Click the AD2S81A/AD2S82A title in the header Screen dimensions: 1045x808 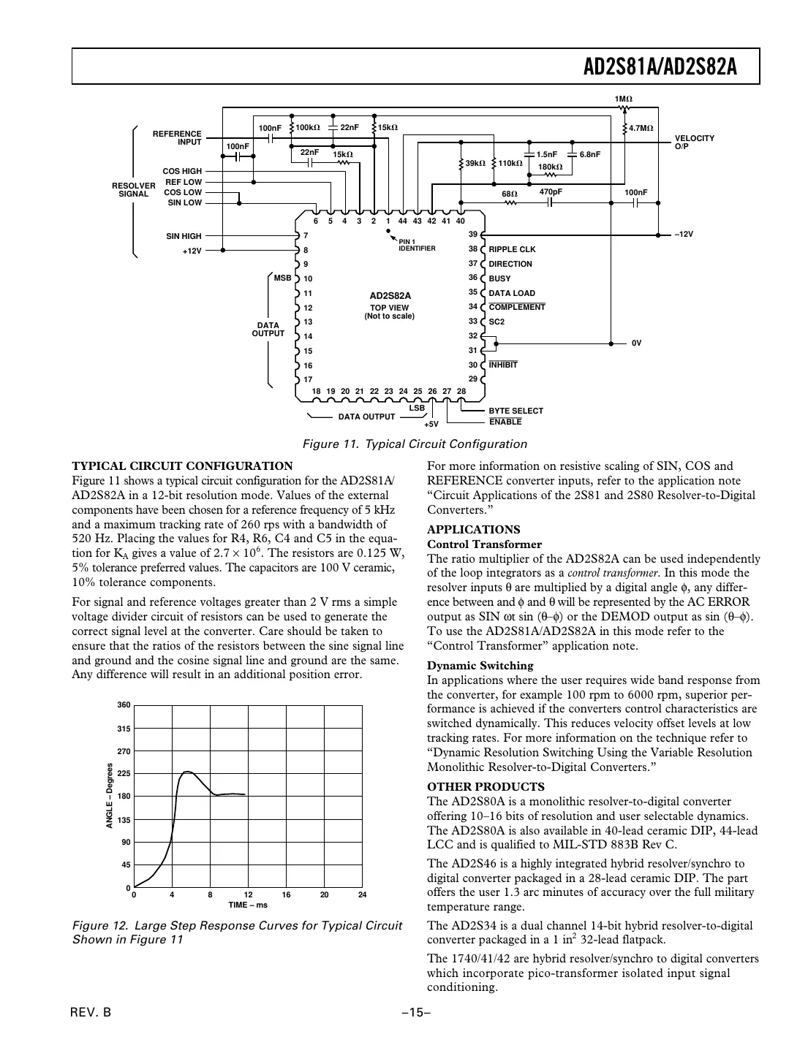pyautogui.click(x=660, y=67)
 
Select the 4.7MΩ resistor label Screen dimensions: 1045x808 pyautogui.click(x=641, y=128)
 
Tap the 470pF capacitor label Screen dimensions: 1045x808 pyautogui.click(x=551, y=191)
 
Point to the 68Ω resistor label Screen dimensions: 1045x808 pyautogui.click(x=510, y=194)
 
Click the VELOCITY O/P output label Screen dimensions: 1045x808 pyautogui.click(x=694, y=142)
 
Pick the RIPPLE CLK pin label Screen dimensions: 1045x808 pyautogui.click(x=512, y=249)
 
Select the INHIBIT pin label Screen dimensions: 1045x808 pyautogui.click(x=503, y=365)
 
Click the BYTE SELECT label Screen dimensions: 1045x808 pyautogui.click(x=516, y=411)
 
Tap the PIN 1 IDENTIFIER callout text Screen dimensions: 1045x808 pyautogui.click(x=417, y=245)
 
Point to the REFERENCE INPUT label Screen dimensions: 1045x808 pyautogui.click(x=177, y=137)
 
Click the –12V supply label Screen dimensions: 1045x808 pyautogui.click(x=682, y=235)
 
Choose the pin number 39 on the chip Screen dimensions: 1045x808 pyautogui.click(x=472, y=235)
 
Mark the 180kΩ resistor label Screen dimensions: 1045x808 pyautogui.click(x=550, y=167)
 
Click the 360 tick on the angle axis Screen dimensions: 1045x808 pyautogui.click(x=123, y=705)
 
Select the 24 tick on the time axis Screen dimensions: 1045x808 pyautogui.click(x=362, y=894)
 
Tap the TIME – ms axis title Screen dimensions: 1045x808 pyautogui.click(x=248, y=905)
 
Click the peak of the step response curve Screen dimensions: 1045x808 pyautogui.click(x=187, y=772)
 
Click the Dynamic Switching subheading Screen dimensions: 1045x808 pyautogui.click(x=480, y=665)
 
